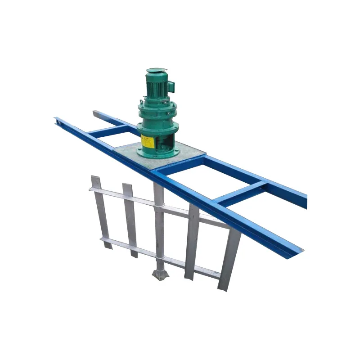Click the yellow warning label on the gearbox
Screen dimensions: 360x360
147,141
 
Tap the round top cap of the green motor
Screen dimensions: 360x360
157,71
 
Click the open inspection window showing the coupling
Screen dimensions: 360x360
165,143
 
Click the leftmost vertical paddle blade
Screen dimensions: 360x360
101,211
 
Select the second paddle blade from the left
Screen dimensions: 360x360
130,220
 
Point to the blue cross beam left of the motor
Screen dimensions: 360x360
108,131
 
